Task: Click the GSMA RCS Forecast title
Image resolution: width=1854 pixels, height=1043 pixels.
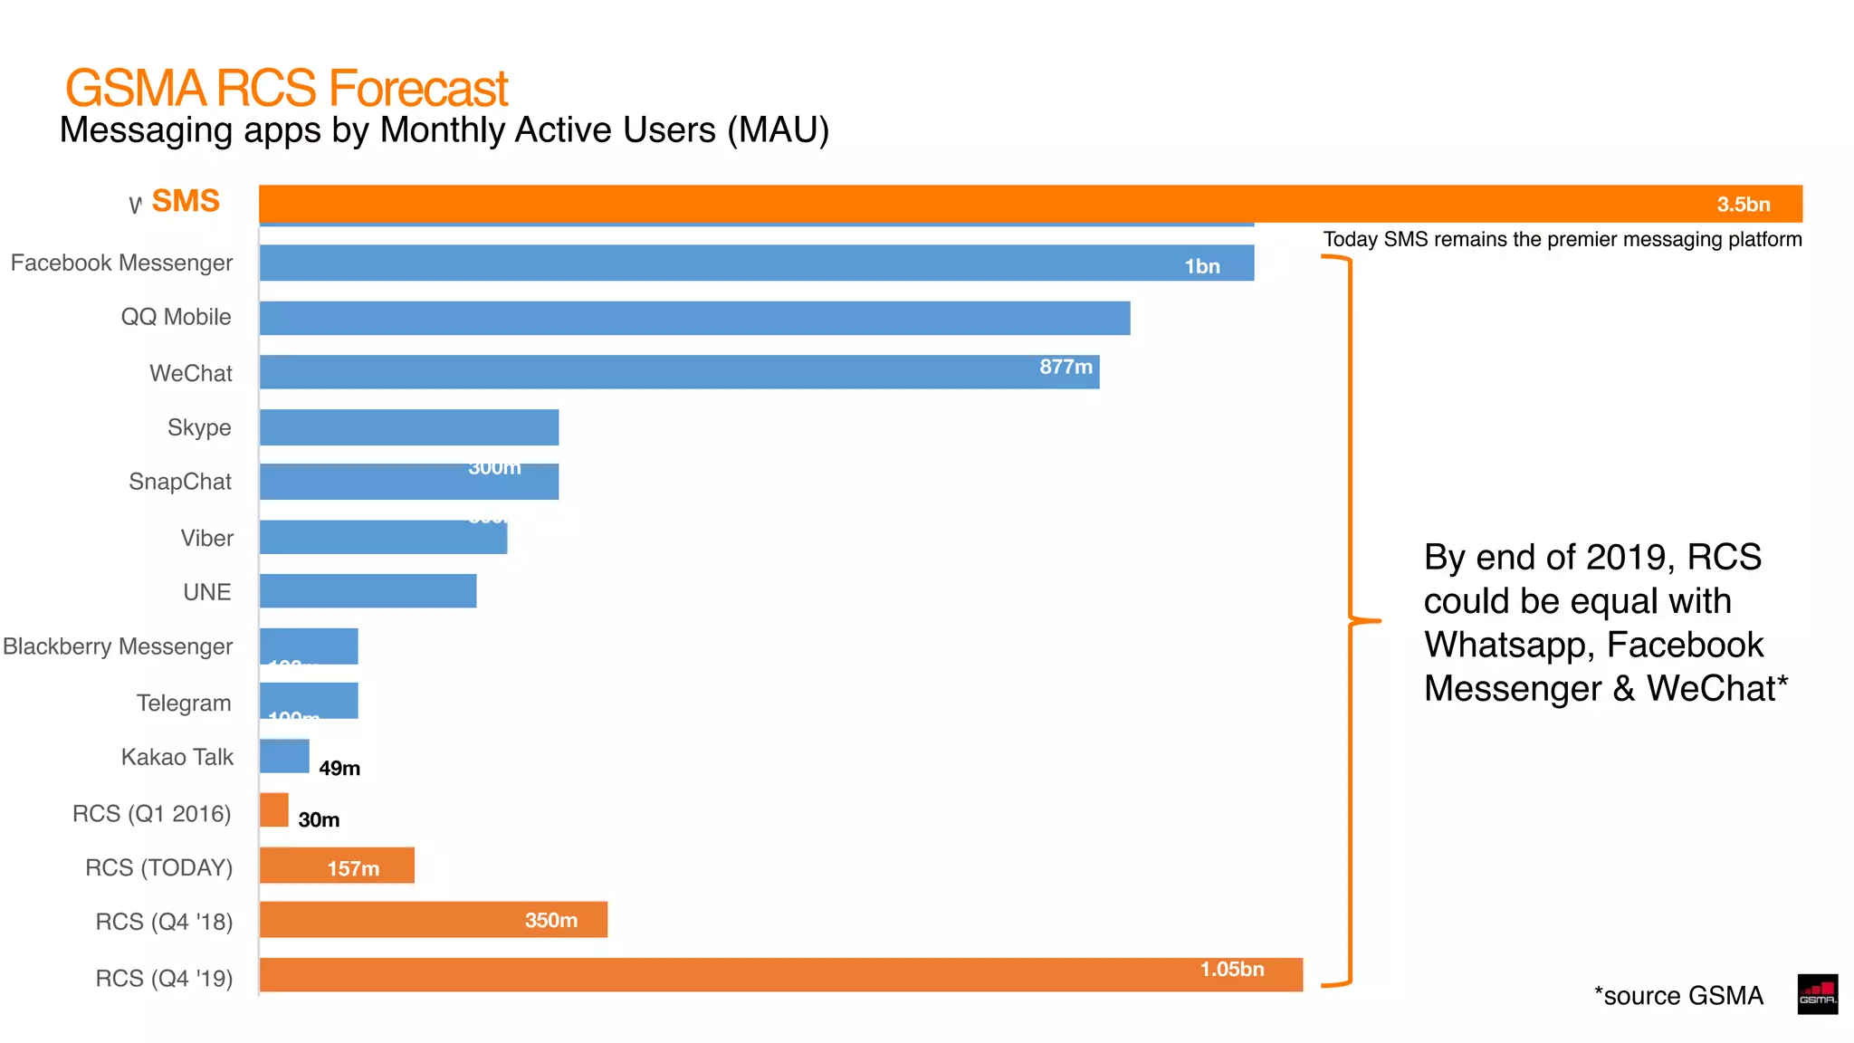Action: (286, 88)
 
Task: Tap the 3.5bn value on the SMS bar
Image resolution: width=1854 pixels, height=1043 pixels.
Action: (1743, 205)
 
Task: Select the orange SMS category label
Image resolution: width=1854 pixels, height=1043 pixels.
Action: (186, 200)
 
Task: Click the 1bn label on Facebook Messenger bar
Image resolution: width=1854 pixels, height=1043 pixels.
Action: (1201, 266)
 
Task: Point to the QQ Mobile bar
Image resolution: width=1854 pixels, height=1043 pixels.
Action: (694, 318)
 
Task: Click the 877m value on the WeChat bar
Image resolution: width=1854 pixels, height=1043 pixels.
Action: (1066, 367)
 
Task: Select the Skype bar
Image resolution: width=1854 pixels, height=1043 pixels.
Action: (408, 427)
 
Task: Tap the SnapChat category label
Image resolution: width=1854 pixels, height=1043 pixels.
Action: (180, 482)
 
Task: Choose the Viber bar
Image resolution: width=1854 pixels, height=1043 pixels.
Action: (383, 537)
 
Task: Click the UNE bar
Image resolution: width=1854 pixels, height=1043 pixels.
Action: (368, 591)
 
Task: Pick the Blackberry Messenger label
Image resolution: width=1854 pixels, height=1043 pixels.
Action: (118, 646)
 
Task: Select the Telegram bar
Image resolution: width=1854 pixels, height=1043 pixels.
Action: (309, 700)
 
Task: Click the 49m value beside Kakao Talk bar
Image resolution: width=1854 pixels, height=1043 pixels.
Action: (339, 768)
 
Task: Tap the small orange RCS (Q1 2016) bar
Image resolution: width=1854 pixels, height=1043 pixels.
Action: (273, 810)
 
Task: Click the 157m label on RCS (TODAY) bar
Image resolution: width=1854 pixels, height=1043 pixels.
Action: (353, 868)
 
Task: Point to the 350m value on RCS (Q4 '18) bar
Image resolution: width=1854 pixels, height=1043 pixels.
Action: (550, 920)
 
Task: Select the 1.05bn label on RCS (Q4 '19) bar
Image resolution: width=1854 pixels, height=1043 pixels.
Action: (1231, 969)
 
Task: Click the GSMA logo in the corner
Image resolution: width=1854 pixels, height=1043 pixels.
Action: (1817, 994)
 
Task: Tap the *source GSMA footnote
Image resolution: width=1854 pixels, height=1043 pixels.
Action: (1678, 996)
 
